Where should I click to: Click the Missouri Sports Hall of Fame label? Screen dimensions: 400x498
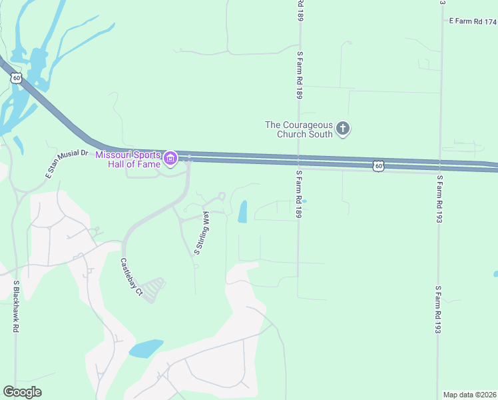coord(128,159)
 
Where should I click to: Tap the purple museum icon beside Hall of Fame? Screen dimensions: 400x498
coord(170,159)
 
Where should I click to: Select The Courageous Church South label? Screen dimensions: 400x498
coord(299,129)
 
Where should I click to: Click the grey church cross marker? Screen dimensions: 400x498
coord(342,128)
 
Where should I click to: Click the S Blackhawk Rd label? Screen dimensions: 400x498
coord(15,307)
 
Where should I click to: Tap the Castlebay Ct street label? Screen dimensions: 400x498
coord(131,277)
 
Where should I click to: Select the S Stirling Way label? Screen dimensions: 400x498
coord(202,233)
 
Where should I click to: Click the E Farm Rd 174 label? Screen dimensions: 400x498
coord(473,21)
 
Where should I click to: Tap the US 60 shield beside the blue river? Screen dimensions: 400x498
coord(16,78)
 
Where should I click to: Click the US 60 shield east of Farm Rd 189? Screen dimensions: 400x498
coord(377,165)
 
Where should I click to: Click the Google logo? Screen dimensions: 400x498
coord(22,391)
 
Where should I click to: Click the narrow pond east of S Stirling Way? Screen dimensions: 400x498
coord(242,211)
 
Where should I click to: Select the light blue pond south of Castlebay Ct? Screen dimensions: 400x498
coord(146,349)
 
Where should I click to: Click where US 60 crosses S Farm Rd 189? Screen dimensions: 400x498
coord(299,161)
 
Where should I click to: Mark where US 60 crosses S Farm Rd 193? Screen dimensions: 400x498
coord(439,165)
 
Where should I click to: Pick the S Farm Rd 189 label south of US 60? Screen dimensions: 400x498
coord(300,195)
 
